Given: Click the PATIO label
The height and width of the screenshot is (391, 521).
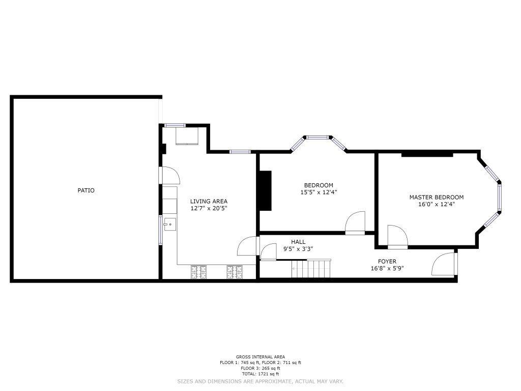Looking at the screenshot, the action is coord(85,190).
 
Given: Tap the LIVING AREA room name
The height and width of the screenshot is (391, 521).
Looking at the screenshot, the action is coord(209,201).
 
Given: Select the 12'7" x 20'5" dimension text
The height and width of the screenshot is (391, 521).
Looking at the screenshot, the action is coord(209,208).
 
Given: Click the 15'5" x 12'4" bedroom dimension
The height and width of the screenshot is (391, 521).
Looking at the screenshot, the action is coord(319,192).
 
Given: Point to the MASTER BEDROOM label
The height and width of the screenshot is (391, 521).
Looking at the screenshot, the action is coord(436,197).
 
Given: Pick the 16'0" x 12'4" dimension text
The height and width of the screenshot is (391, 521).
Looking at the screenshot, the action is coord(436,204).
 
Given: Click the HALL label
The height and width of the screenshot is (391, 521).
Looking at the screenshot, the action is coord(298,242).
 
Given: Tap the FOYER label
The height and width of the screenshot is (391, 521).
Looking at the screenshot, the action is coord(387,261).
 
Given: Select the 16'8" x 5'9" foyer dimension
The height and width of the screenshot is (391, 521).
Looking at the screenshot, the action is coord(387,268).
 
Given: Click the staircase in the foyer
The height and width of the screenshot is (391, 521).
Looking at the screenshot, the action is coord(311,268).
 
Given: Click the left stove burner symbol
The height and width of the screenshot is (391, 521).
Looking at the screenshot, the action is coord(198,272).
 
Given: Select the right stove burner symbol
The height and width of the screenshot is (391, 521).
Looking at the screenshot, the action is coord(235,272).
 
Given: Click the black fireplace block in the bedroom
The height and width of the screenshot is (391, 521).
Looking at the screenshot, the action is coord(265,190).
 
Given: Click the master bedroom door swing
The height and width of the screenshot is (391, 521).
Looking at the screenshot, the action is coord(397,236).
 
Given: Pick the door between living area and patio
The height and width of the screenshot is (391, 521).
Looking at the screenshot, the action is coord(169,175).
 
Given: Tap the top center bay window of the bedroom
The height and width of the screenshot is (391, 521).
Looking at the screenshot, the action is coord(317,137).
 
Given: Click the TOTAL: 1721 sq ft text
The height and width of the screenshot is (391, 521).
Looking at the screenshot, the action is coord(260,374).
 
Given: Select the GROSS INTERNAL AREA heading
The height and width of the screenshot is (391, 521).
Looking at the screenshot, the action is coord(260,357).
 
